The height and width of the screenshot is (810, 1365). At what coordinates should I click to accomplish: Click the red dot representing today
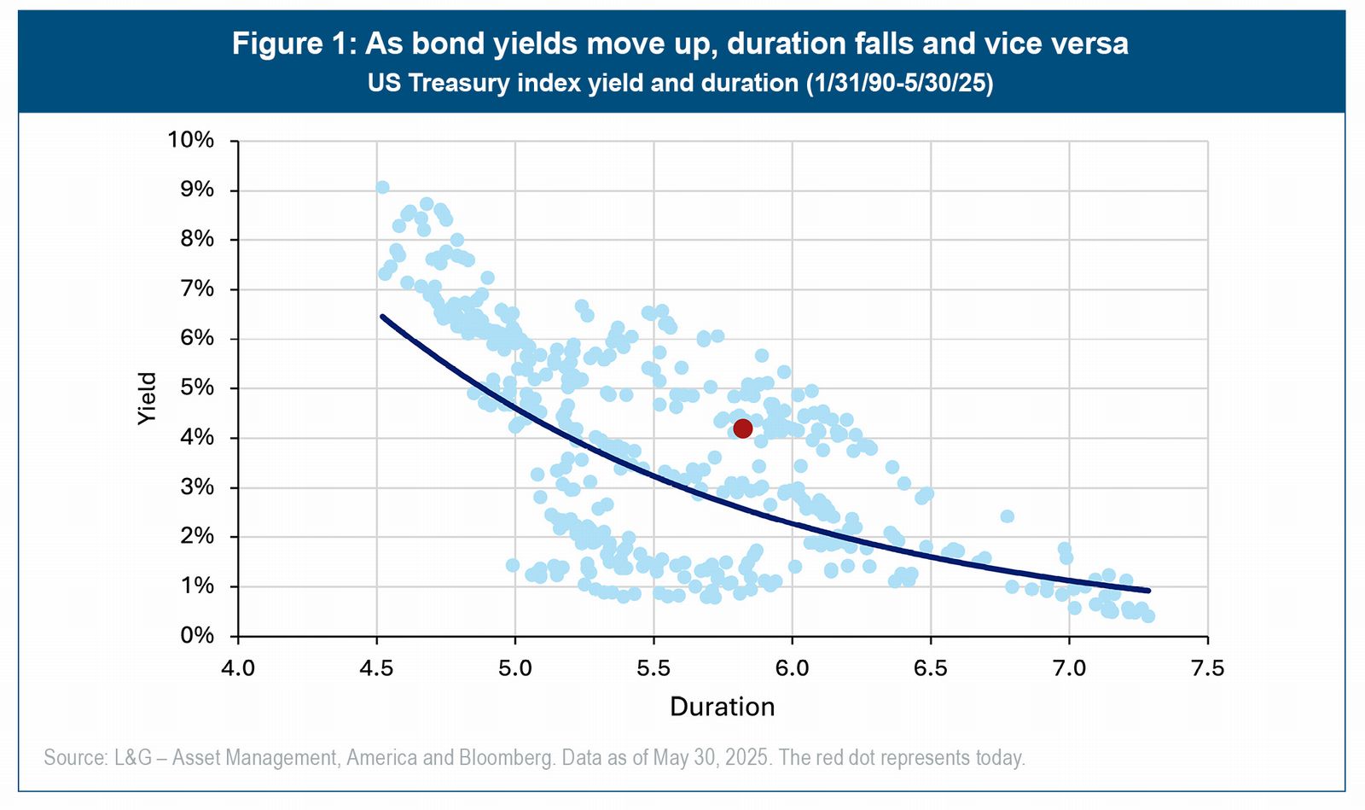pos(742,428)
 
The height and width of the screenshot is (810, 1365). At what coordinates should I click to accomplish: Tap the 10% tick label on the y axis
pos(191,140)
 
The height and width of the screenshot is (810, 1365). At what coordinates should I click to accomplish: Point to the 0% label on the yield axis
pos(197,636)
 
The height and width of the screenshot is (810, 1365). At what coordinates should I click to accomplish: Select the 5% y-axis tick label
pos(197,388)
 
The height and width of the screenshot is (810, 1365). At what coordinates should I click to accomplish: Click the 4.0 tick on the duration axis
pos(238,668)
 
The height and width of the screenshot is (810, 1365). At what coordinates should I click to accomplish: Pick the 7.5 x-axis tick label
pos(1207,668)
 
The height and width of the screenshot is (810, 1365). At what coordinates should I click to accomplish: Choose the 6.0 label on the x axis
pos(792,668)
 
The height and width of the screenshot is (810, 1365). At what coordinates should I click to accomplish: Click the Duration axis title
pos(722,707)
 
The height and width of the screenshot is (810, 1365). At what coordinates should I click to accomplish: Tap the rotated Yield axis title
pos(147,399)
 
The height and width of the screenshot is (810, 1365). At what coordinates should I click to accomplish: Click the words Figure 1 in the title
pos(293,44)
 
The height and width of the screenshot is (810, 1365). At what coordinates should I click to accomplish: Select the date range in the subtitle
pos(899,83)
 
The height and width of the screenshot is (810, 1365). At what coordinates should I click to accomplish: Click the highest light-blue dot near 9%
pos(383,187)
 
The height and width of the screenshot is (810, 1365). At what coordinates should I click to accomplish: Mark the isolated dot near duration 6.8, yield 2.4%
pos(1008,516)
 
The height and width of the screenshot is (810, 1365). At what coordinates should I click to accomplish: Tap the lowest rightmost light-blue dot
pos(1148,616)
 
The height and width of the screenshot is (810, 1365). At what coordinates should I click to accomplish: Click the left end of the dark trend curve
pos(382,317)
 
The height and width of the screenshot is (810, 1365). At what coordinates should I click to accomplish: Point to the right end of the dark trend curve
pos(1148,590)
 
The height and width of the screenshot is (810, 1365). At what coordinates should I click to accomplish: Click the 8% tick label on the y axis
pos(197,239)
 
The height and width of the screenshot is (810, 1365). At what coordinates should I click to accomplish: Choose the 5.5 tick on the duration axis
pos(653,668)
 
